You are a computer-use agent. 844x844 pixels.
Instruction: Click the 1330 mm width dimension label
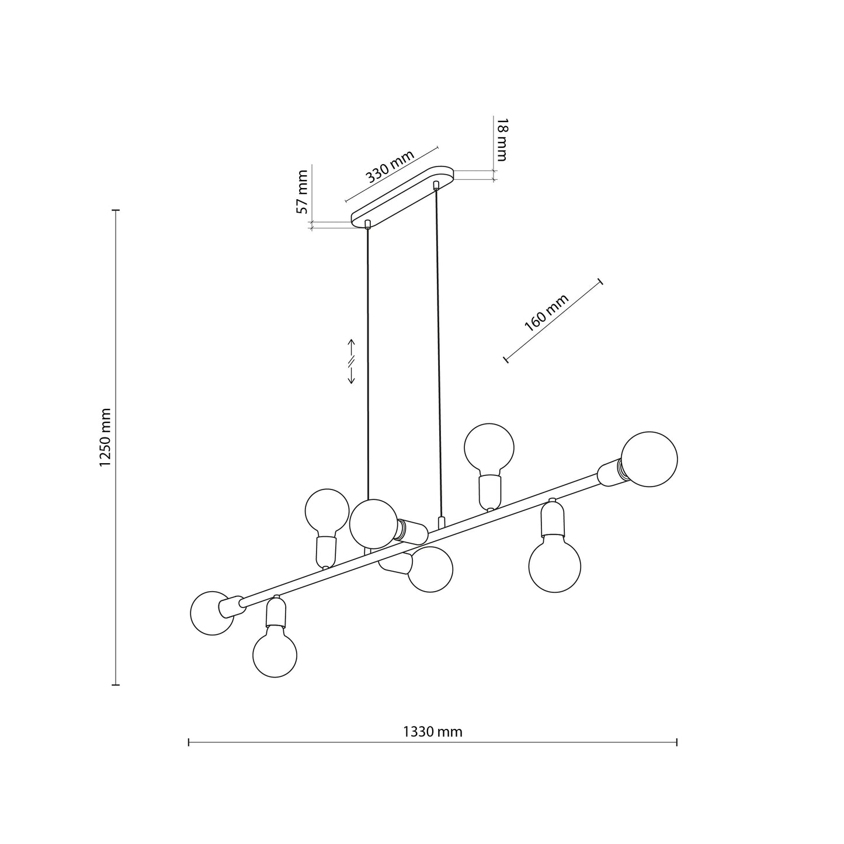432,732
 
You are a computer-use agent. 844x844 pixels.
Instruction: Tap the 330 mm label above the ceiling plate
390,167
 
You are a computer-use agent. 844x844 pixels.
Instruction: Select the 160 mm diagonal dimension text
546,313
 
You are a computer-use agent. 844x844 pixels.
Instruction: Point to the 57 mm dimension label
302,192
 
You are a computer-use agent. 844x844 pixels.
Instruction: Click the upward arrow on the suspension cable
352,346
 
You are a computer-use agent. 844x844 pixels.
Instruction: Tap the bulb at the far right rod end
649,459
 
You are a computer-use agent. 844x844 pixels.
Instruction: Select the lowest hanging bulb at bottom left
275,654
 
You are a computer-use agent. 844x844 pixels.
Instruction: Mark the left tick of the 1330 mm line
189,742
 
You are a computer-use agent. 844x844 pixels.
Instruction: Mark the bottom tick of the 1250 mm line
116,685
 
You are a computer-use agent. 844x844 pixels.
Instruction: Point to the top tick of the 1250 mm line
116,209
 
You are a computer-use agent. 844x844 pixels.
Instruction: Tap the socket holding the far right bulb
611,473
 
